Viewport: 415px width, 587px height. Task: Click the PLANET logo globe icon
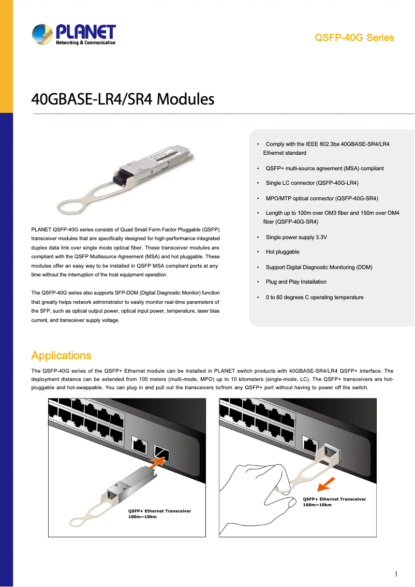coord(42,35)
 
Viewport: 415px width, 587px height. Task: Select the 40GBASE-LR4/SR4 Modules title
coord(123,99)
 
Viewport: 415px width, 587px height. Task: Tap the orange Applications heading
coord(61,356)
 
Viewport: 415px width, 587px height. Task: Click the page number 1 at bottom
coord(396,574)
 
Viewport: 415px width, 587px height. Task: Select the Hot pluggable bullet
coord(282,252)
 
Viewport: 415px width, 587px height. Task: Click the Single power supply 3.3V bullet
coord(296,237)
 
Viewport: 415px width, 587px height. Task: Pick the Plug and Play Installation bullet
coord(295,282)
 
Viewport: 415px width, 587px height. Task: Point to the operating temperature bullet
coord(314,298)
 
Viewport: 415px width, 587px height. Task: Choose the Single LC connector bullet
coord(312,183)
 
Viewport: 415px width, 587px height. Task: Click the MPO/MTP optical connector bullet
coord(321,198)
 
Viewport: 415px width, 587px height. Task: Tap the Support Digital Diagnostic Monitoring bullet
coord(319,267)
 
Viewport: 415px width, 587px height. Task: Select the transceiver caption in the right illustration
coord(334,502)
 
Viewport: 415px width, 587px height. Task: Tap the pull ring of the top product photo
coord(75,203)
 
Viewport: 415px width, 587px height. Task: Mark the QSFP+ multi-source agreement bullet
coord(324,169)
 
